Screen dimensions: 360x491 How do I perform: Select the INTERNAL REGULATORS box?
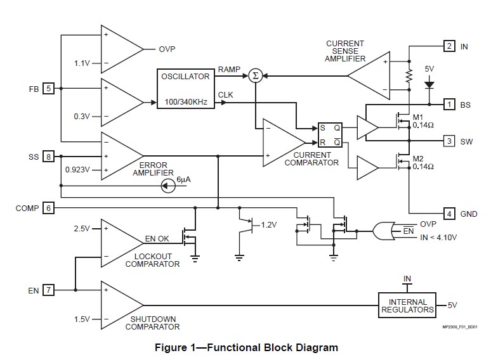click(x=409, y=306)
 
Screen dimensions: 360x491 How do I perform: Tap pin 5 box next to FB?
click(x=48, y=89)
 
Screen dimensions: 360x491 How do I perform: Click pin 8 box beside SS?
click(x=48, y=157)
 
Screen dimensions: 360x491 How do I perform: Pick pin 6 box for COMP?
click(x=48, y=208)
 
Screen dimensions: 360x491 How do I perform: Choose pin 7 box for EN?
click(x=48, y=290)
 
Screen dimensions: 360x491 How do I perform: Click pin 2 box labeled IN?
click(x=448, y=46)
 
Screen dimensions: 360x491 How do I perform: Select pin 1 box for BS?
click(x=448, y=104)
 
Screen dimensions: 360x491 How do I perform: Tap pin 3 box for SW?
click(x=448, y=141)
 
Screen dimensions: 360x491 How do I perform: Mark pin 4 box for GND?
click(x=448, y=214)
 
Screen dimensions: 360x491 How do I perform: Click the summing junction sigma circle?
click(x=255, y=75)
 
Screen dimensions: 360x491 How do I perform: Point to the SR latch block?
click(x=330, y=134)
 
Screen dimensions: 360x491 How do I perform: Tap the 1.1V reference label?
click(x=82, y=63)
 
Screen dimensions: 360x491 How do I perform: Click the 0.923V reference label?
click(x=78, y=170)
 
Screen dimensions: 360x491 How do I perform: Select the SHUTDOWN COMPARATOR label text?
click(x=152, y=323)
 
